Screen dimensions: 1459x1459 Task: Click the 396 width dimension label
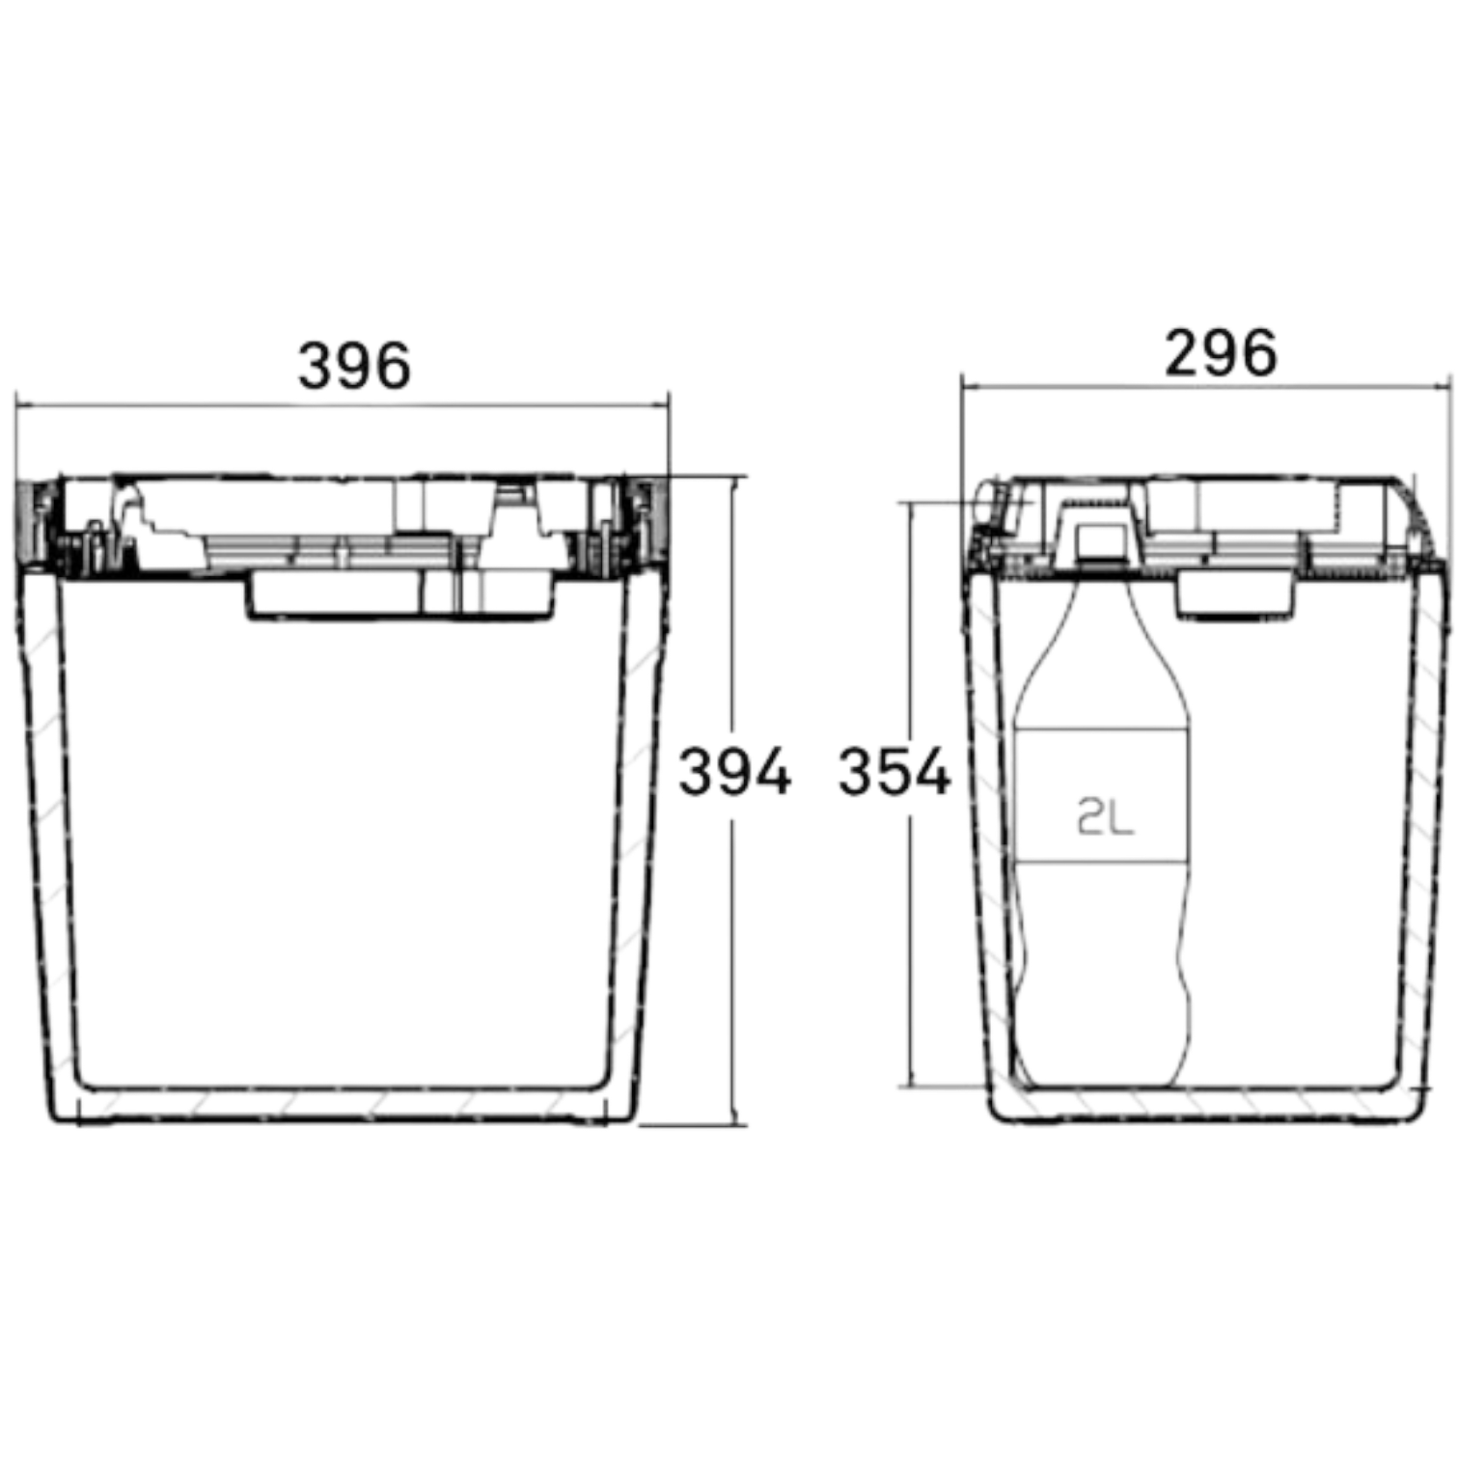[354, 366]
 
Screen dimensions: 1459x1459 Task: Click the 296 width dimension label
[1221, 353]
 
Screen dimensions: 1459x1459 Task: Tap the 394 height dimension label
[734, 772]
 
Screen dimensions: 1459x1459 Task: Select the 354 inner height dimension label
[895, 772]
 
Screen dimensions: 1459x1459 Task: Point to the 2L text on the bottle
[1105, 819]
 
